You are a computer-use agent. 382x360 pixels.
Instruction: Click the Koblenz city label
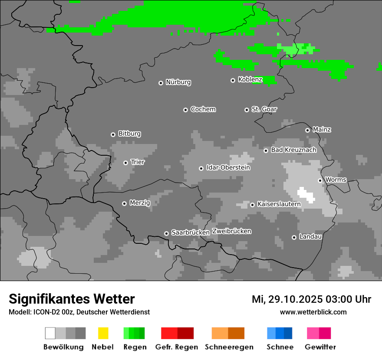(x=250, y=80)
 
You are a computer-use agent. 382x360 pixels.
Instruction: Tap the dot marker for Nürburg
(x=161, y=83)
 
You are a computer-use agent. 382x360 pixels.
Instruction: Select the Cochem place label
(x=203, y=109)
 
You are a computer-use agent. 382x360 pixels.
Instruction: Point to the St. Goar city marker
(x=247, y=110)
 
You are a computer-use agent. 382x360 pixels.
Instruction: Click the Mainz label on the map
(x=322, y=130)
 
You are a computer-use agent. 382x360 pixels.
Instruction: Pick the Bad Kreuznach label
(x=293, y=150)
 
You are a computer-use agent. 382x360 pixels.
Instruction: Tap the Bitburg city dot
(x=113, y=134)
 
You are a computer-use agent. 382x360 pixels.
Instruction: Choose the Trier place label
(x=138, y=162)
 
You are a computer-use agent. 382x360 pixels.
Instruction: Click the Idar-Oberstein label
(x=228, y=168)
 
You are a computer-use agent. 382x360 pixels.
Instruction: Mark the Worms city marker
(x=320, y=180)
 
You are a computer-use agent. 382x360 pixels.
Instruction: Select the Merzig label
(x=140, y=203)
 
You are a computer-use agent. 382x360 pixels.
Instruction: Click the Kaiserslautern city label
(x=279, y=204)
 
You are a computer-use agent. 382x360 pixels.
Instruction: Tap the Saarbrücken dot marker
(x=166, y=233)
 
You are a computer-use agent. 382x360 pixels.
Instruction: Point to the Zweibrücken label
(x=231, y=232)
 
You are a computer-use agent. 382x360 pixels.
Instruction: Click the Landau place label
(x=310, y=237)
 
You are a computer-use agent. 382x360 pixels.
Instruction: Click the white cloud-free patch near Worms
(x=306, y=195)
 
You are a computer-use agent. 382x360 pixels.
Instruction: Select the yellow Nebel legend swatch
(x=103, y=333)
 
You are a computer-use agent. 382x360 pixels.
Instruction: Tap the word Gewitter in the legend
(x=320, y=347)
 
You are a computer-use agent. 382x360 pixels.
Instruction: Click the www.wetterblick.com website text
(x=313, y=312)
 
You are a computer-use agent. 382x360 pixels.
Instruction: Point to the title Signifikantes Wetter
(x=72, y=299)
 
